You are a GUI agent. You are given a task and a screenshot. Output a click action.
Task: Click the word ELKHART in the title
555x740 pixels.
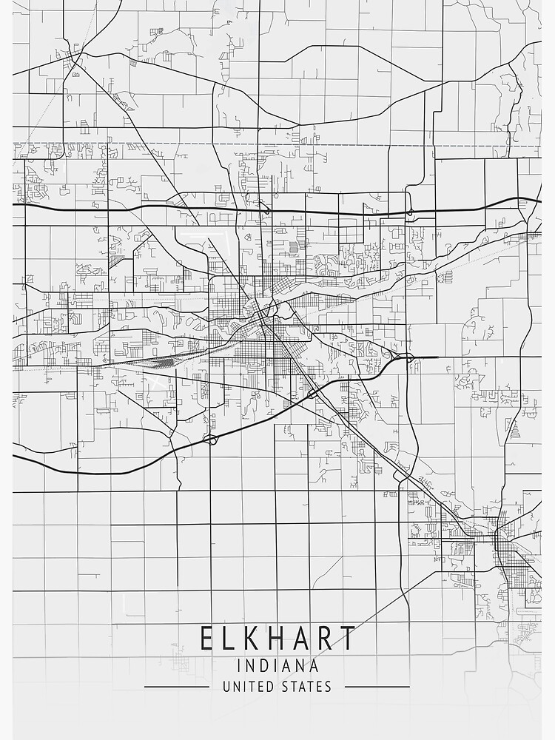277,638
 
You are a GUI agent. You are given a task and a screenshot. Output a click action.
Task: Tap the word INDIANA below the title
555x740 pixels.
277,667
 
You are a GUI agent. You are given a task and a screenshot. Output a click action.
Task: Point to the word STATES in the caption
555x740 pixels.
306,687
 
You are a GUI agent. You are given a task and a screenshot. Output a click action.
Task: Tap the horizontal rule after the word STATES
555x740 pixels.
377,687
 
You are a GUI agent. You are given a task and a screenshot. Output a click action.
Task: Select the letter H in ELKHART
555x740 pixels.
278,638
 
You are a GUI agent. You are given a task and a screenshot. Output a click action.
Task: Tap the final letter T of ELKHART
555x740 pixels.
347,638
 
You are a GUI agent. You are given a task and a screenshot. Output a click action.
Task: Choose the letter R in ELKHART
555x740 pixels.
326,638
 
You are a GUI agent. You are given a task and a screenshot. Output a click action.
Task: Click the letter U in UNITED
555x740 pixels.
226,687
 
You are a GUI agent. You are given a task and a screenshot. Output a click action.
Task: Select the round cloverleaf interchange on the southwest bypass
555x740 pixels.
211,440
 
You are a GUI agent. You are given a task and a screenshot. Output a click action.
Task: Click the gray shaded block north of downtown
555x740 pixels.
293,247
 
